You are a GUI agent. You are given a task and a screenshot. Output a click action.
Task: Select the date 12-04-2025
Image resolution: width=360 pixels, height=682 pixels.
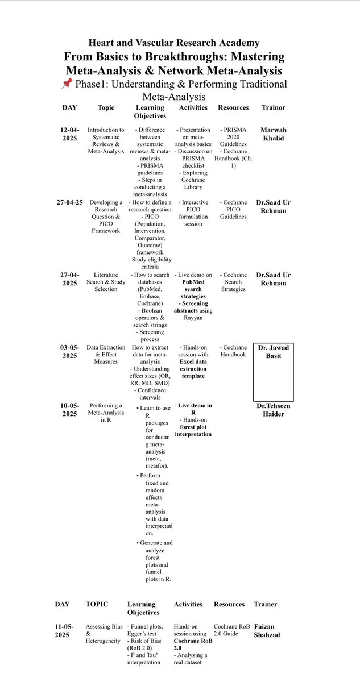pyautogui.click(x=71, y=134)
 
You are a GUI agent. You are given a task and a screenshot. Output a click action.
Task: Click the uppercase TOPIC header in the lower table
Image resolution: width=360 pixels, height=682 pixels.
pyautogui.click(x=96, y=604)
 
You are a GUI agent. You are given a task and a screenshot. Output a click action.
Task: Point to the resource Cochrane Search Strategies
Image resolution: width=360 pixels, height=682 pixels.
pyautogui.click(x=233, y=282)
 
